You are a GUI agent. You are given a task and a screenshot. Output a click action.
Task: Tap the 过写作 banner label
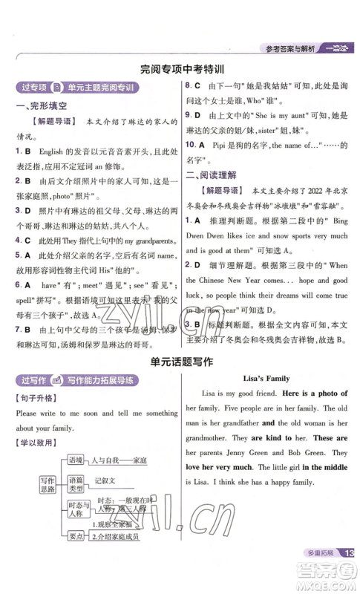coord(31,381)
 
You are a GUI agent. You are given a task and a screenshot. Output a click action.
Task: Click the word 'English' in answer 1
coord(50,151)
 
